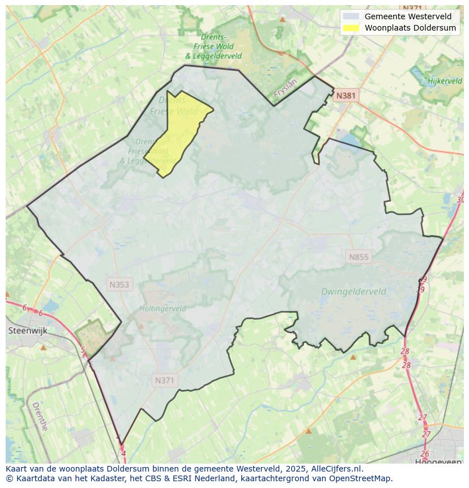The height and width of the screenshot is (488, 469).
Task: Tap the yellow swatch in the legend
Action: tap(352, 27)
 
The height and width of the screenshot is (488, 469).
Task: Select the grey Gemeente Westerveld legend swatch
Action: tap(352, 16)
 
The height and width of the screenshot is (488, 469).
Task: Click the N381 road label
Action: tap(346, 96)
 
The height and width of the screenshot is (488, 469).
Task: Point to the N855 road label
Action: tap(359, 257)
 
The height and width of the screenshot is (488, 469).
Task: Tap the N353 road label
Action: tap(119, 284)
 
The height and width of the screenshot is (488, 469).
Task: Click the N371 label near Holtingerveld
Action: tap(164, 380)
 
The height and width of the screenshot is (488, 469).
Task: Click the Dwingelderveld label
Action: tap(353, 291)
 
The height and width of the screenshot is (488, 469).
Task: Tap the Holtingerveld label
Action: tap(163, 309)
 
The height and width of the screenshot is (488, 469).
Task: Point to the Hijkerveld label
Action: tap(445, 81)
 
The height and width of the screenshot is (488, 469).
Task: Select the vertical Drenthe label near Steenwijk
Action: tap(40, 417)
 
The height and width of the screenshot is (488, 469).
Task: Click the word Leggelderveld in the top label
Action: tap(217, 56)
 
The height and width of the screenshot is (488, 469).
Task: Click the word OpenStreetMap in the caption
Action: tap(364, 478)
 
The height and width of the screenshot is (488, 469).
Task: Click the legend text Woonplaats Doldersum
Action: tap(410, 27)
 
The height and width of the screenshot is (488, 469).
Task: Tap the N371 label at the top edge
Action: tap(412, 8)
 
